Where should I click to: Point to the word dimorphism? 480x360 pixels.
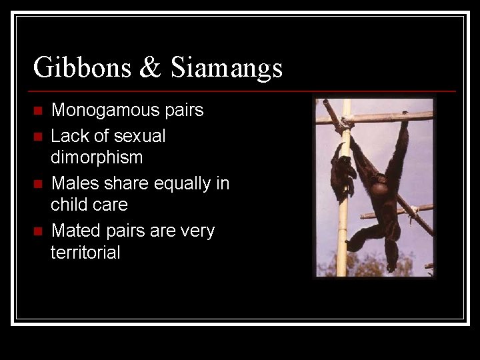tap(97, 157)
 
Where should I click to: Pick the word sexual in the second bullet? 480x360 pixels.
tap(139, 136)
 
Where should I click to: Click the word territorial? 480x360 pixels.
tap(85, 253)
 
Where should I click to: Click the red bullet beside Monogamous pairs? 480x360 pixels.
tap(37, 111)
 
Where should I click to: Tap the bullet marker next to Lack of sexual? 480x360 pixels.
tap(37, 137)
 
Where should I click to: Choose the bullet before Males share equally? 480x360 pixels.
tap(37, 184)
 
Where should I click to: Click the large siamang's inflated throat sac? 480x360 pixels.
tap(379, 189)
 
